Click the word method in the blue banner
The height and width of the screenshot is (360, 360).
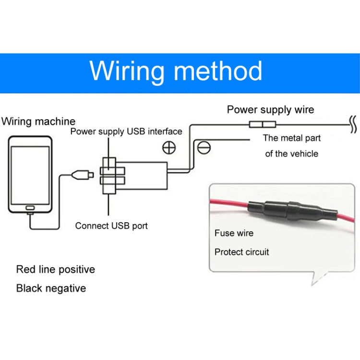(x=218, y=71)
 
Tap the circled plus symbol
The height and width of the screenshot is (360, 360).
(x=169, y=147)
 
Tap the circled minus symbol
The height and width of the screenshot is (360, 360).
(x=203, y=148)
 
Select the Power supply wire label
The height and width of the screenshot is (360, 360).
(x=270, y=109)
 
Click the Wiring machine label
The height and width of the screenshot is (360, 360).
(x=38, y=121)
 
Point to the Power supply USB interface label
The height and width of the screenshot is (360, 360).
(x=126, y=131)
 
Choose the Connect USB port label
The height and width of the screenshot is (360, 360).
(x=111, y=226)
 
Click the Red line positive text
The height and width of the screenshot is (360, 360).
(x=56, y=269)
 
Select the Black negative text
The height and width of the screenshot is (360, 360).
(x=51, y=288)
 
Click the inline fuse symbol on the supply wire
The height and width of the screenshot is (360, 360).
(x=262, y=125)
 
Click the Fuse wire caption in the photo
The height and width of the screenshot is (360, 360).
(x=234, y=233)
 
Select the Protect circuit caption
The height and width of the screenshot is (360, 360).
(x=242, y=252)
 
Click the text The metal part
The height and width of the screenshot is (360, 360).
(x=292, y=138)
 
